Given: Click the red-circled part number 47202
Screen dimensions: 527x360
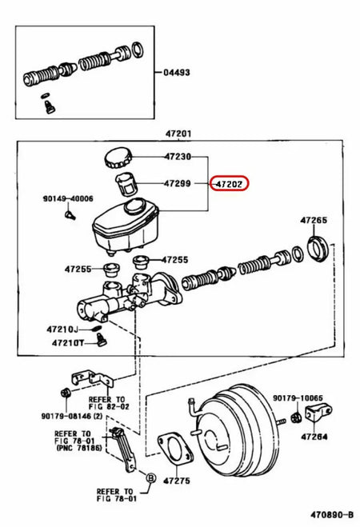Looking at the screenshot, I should pos(230,183).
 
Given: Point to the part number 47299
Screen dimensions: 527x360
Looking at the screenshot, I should pos(178,183).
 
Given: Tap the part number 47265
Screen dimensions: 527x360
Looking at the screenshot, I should pos(314,219).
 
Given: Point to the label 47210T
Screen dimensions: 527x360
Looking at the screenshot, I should pos(68,343).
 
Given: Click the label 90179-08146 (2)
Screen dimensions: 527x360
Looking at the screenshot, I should pos(74,415).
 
